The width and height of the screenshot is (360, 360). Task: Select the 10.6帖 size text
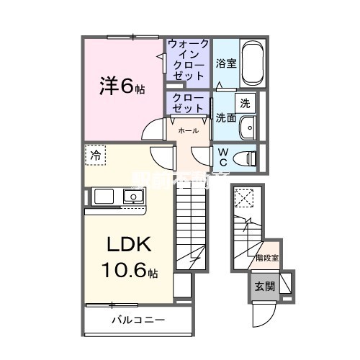click(130, 271)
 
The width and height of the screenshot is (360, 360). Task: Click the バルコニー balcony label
click(138, 319)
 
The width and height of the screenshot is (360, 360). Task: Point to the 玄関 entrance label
click(263, 285)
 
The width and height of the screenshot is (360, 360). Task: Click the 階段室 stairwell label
click(268, 255)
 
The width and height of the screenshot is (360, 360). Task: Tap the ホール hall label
click(189, 131)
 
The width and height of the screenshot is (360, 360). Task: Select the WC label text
click(223, 157)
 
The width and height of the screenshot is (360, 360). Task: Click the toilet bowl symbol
click(248, 156)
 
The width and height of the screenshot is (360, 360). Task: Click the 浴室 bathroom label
click(225, 63)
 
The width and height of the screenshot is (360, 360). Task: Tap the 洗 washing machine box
click(245, 102)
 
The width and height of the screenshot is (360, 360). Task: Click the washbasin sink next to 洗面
click(248, 126)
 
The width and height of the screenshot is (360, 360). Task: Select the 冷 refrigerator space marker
click(95, 153)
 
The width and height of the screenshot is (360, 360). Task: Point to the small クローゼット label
click(189, 103)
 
